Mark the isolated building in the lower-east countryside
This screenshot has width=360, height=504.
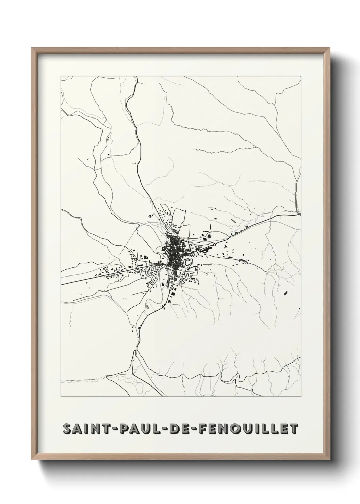point(285,292)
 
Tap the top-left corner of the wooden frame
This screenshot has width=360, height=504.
point(32,48)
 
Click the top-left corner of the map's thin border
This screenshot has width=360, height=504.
point(61,76)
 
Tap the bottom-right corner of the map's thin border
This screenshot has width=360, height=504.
point(301,397)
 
